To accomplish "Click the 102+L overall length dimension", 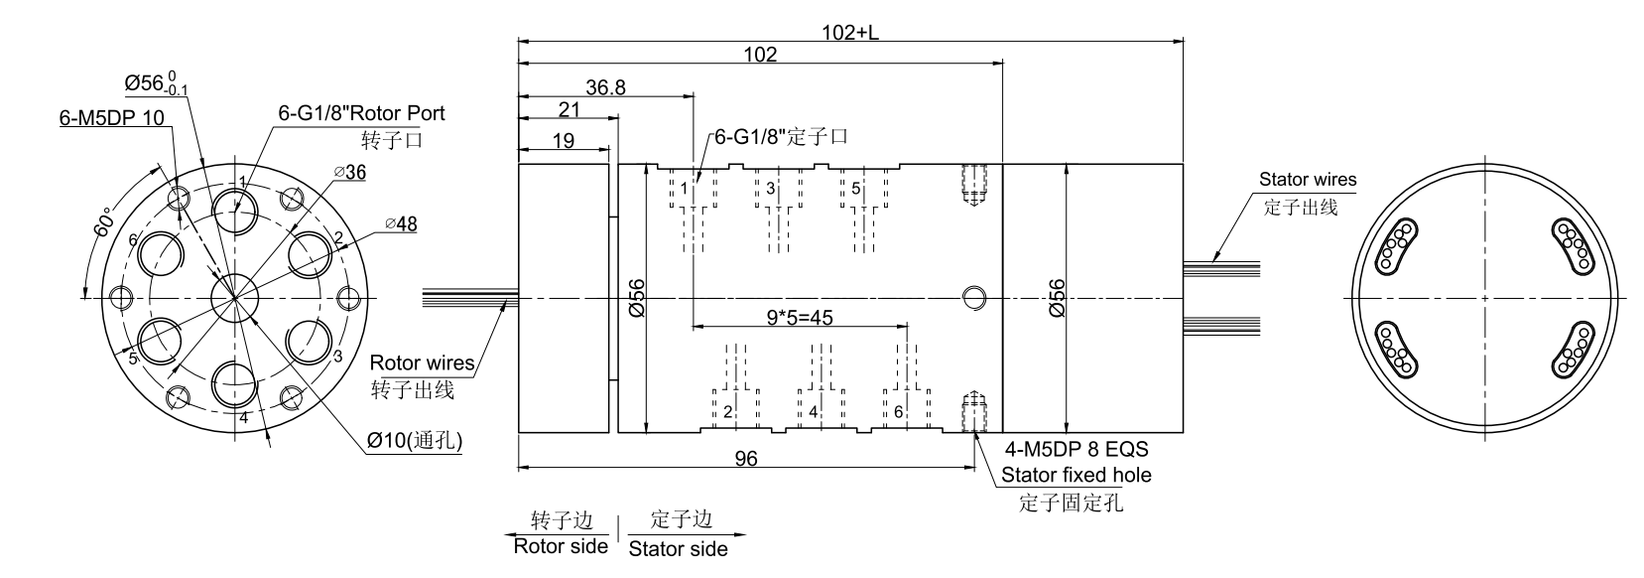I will [850, 31].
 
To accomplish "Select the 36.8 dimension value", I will [605, 87].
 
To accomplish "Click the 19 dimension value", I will [563, 141].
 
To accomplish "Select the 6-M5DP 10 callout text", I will [112, 118].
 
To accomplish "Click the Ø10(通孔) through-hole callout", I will [415, 439].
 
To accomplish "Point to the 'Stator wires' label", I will [1307, 180].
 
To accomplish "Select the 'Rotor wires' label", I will [421, 362].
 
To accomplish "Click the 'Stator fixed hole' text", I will [1075, 475].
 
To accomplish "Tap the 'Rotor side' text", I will [561, 546].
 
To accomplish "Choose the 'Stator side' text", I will [679, 548].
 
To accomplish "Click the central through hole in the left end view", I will [236, 297].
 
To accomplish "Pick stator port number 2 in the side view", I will [728, 411].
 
